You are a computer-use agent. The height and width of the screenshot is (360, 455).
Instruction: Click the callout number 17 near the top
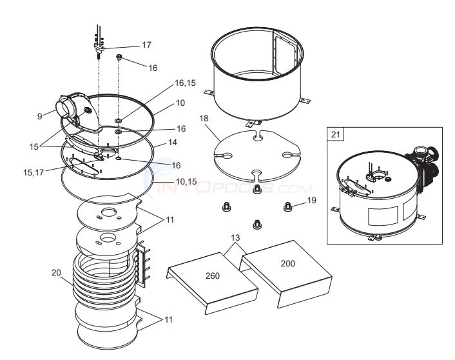tap(146, 45)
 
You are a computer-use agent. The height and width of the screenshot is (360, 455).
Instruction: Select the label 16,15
tap(185, 83)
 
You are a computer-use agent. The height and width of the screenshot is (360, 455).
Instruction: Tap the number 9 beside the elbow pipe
tap(40, 116)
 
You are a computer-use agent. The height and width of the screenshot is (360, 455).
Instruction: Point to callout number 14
tap(172, 142)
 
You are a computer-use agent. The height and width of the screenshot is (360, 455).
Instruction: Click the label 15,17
tap(34, 173)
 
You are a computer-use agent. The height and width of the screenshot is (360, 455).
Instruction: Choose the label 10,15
tap(186, 181)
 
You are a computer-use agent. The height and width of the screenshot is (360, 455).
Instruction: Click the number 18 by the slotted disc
tap(204, 118)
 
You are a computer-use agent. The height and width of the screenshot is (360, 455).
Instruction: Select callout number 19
tap(311, 201)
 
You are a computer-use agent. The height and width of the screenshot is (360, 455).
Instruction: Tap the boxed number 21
tap(335, 135)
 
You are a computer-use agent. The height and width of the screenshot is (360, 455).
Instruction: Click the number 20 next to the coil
tap(56, 272)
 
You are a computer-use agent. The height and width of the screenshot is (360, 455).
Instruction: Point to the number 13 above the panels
tap(235, 238)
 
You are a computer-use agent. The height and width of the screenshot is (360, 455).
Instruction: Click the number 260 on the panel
tap(213, 275)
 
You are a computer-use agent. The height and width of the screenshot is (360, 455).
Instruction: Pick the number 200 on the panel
tap(288, 263)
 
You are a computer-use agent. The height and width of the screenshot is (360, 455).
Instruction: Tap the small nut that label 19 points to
tap(287, 206)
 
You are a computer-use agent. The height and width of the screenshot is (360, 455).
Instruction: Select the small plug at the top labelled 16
tap(119, 57)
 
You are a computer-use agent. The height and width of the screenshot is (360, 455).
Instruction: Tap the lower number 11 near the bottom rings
tap(169, 320)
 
